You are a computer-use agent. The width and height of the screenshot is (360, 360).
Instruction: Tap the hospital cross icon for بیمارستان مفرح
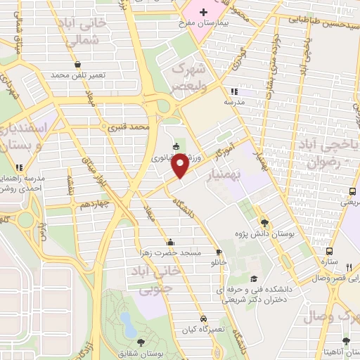[204, 12]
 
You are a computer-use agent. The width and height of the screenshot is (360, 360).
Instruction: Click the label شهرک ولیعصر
[192, 77]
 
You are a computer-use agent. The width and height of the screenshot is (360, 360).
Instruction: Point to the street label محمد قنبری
[130, 127]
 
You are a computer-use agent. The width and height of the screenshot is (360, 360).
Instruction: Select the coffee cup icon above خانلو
[219, 252]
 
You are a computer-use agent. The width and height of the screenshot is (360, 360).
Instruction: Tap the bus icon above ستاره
[329, 251]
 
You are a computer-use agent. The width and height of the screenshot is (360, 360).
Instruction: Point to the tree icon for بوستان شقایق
[141, 342]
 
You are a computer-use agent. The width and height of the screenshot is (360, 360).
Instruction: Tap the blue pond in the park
[128, 324]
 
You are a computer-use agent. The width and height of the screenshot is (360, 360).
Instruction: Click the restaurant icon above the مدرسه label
[234, 91]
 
